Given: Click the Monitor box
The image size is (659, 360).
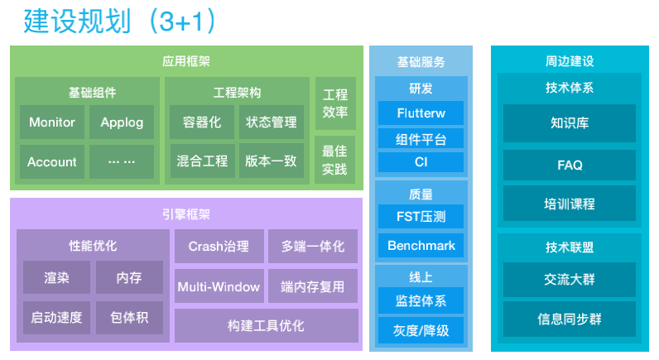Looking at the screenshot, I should [x=52, y=122].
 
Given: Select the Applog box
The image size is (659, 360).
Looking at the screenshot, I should [x=122, y=122].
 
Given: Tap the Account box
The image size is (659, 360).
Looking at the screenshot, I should [x=52, y=162].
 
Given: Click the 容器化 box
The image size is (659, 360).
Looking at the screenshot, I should [x=202, y=122].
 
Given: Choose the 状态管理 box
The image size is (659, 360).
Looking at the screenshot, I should [x=271, y=122].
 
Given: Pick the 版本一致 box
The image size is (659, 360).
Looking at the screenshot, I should [x=271, y=162].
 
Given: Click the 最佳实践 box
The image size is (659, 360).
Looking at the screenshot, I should [x=334, y=161].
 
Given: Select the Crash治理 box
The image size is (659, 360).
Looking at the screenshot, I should [x=219, y=246].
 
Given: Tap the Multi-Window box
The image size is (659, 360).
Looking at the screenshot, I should [x=219, y=286].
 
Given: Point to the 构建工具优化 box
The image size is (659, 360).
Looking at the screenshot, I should [x=266, y=326].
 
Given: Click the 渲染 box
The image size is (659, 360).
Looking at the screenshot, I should [x=56, y=278].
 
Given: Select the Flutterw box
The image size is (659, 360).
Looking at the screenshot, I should [x=421, y=113].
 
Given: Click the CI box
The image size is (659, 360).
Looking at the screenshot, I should [x=421, y=162].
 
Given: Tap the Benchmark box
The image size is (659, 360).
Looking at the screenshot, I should [x=421, y=246].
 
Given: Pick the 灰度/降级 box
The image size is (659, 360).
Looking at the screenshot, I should [x=421, y=330].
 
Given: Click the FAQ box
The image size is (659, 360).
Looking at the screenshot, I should [x=570, y=166].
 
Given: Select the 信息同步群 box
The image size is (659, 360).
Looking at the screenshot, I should [x=570, y=318].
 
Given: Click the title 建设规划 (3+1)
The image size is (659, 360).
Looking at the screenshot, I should [x=119, y=21].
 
